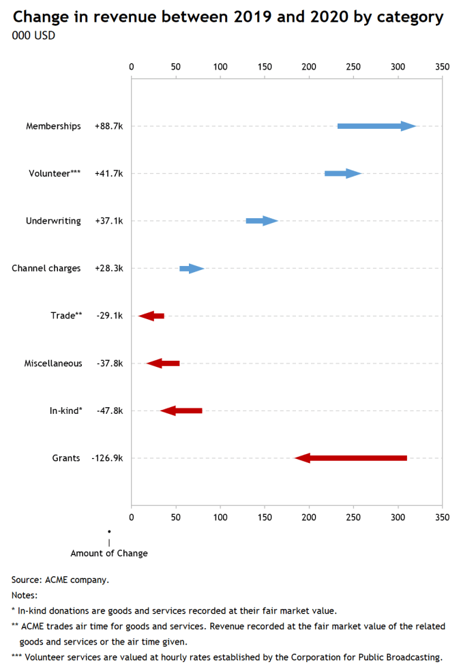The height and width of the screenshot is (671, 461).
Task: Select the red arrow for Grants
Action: [351, 458]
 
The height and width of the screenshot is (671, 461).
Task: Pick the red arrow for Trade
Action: [151, 316]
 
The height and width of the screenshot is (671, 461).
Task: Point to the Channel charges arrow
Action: [192, 269]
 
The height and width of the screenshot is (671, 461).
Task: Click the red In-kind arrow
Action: [181, 411]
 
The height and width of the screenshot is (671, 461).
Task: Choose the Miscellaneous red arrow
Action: [163, 363]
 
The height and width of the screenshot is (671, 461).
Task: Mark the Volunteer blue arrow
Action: [343, 174]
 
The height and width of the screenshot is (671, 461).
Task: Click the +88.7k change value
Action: [109, 126]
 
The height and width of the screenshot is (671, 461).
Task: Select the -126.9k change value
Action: [107, 458]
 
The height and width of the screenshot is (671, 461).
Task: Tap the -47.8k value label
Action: [110, 411]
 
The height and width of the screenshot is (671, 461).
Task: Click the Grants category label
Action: [66, 458]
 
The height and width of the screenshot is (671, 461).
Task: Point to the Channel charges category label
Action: [46, 269]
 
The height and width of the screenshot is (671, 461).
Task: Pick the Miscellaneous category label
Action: [53, 363]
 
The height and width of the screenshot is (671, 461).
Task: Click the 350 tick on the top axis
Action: [443, 67]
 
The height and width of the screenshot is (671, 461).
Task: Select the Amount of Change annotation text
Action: [109, 554]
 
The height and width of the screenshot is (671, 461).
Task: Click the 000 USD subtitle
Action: [33, 35]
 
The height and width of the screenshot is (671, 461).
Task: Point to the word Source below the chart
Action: [26, 580]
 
